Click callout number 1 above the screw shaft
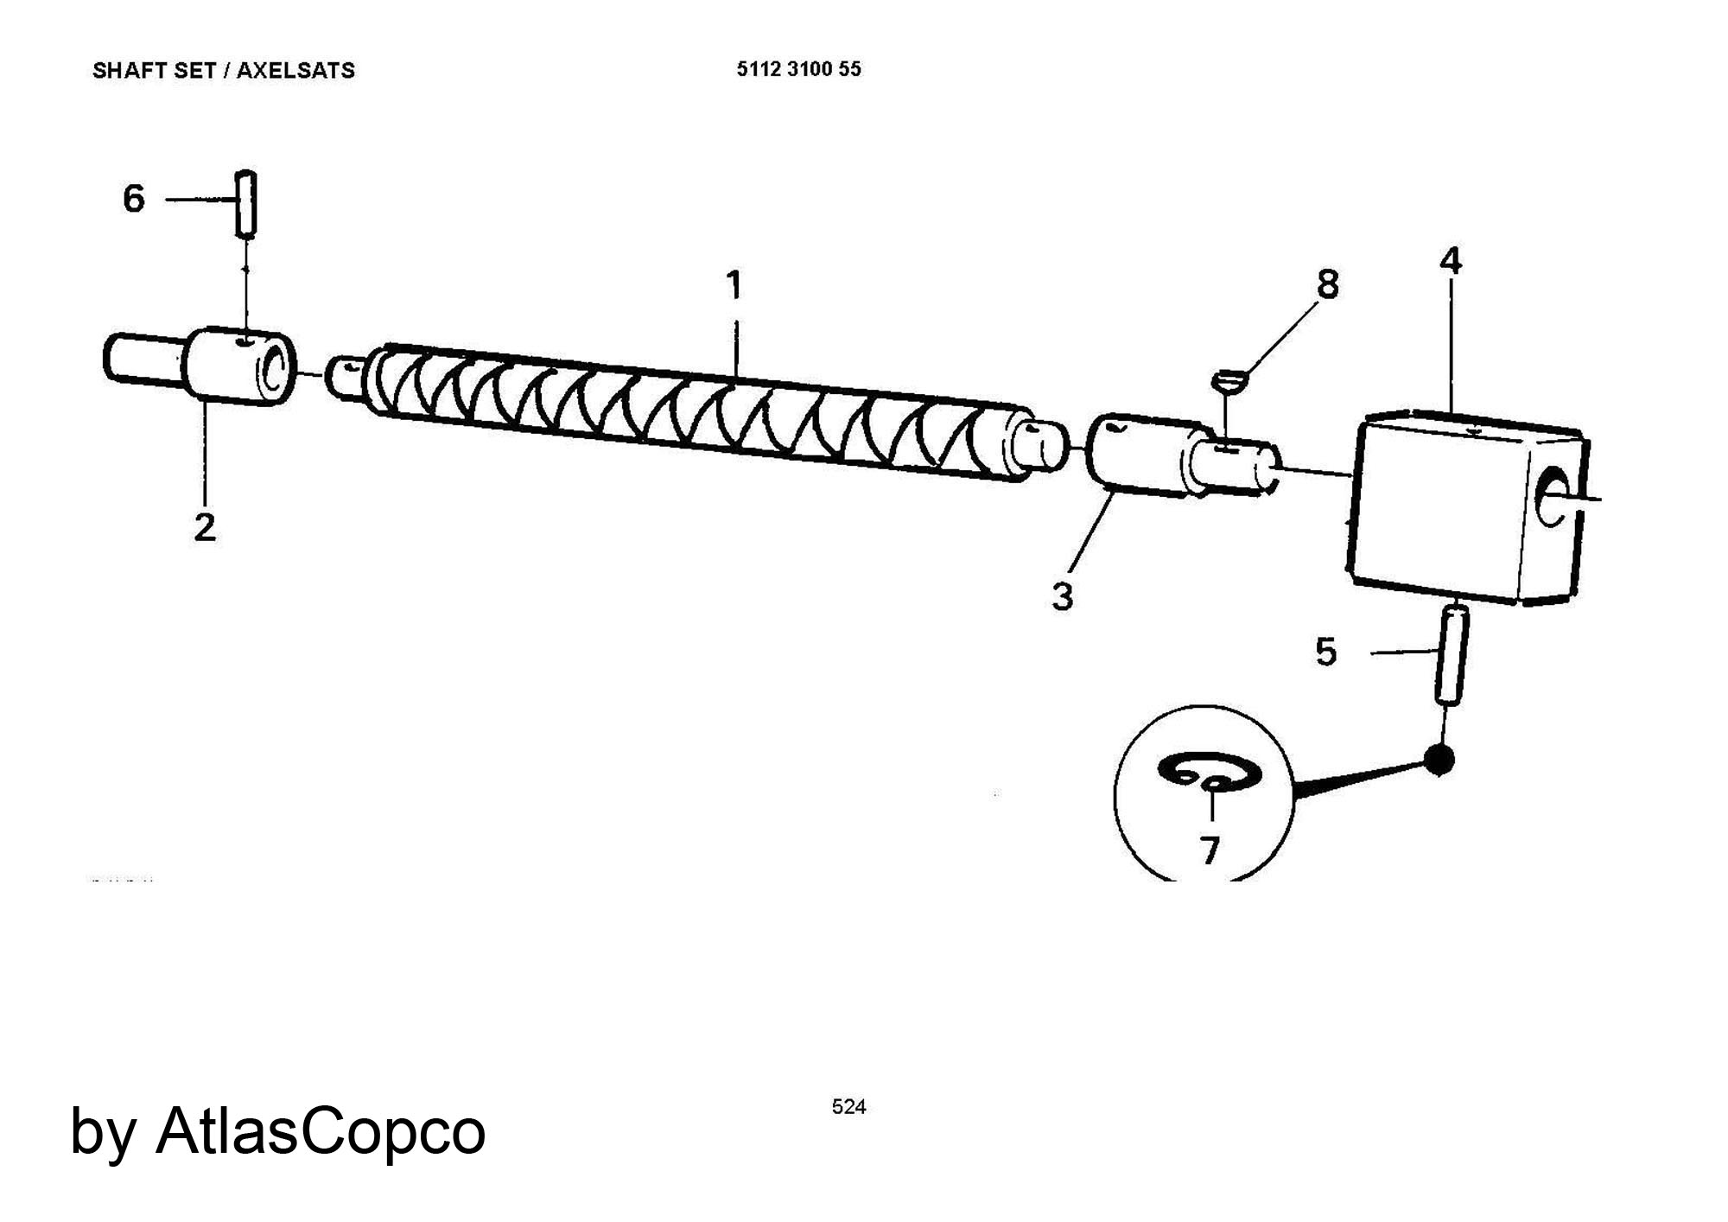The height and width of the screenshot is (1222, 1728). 734,285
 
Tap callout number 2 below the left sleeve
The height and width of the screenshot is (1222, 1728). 204,527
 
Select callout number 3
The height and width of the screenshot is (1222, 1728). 1063,596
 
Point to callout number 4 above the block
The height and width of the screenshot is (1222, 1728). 1450,260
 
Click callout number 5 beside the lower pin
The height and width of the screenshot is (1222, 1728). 1326,652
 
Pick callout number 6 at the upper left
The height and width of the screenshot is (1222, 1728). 134,199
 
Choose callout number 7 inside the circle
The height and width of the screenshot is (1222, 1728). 1210,850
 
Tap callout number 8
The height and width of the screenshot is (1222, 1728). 1327,283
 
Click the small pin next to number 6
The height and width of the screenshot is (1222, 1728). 246,203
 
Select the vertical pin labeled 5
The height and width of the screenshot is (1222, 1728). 1452,655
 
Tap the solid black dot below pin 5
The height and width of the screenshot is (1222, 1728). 1439,760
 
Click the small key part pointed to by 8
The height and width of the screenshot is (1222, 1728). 1229,380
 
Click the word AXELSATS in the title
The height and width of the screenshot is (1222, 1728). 295,71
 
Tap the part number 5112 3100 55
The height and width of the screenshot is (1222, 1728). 798,70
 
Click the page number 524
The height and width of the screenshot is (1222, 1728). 848,1107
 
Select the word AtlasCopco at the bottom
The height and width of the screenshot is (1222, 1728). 321,1130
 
